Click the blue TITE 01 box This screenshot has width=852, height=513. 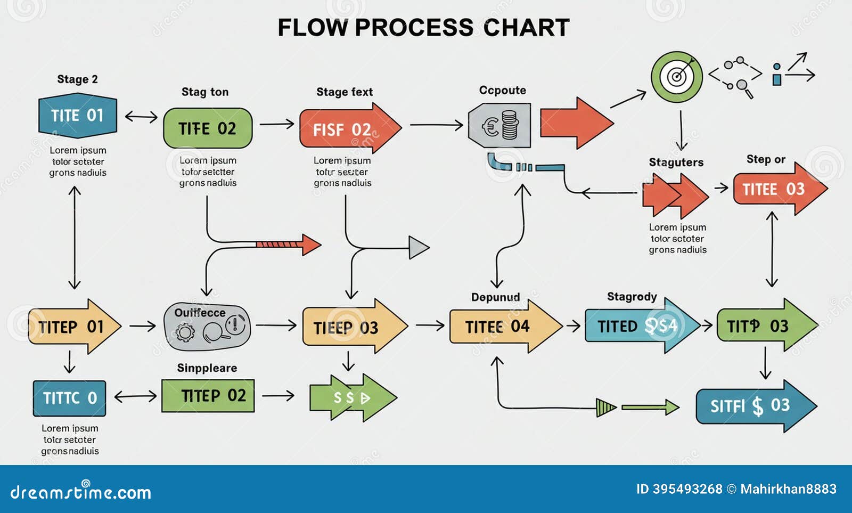tap(78, 116)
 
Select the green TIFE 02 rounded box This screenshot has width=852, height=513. tap(207, 128)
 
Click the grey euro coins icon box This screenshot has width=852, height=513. tap(499, 126)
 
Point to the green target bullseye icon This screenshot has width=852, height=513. tap(676, 77)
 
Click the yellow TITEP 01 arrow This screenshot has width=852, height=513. tap(73, 327)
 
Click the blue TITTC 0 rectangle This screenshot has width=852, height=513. tap(69, 398)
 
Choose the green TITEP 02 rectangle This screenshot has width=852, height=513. tap(208, 396)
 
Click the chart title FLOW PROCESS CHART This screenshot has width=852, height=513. tap(423, 28)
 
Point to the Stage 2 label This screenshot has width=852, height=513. tap(77, 79)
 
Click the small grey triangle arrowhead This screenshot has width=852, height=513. tap(419, 248)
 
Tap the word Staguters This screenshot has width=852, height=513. tap(676, 162)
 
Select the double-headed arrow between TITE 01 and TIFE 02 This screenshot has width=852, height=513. tap(141, 117)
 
